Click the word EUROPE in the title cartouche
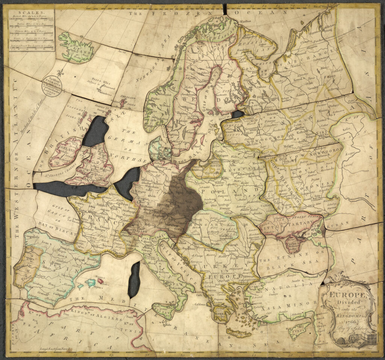[345, 295]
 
